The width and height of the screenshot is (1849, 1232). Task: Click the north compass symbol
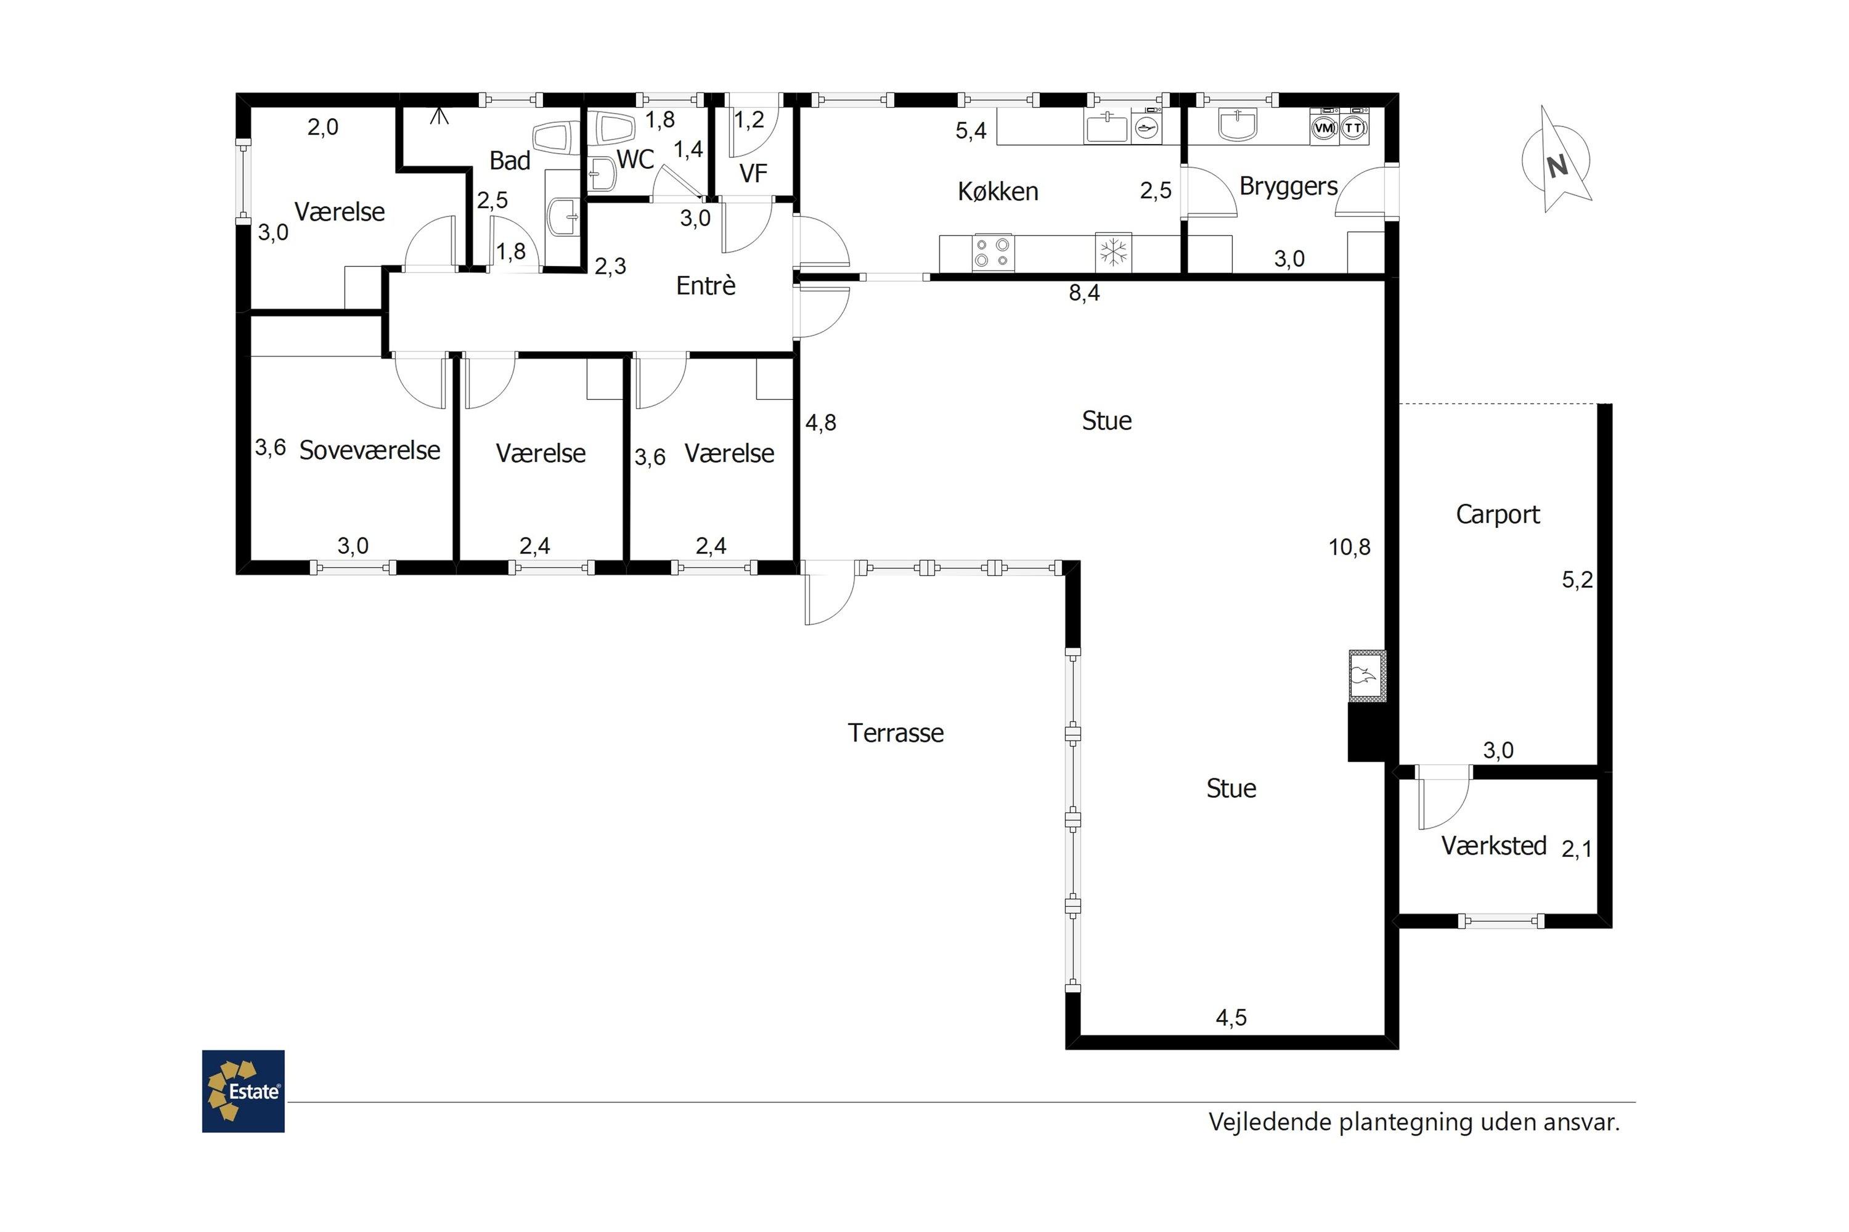[x=1557, y=161]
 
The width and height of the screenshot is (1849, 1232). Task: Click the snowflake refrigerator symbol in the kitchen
[x=1113, y=252]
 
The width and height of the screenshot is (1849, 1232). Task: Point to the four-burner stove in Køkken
[x=992, y=252]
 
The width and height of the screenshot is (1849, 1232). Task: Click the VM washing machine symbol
[x=1324, y=128]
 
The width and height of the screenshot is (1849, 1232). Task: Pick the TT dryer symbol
[x=1353, y=128]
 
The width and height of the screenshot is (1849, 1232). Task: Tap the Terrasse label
[x=896, y=732]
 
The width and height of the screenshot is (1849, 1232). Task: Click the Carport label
[x=1498, y=514]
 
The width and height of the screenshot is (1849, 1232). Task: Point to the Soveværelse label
[x=369, y=450]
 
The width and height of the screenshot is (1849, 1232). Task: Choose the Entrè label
[x=706, y=285]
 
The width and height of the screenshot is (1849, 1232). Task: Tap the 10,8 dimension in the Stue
[x=1349, y=548]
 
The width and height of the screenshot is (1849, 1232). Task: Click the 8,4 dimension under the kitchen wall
[x=1084, y=293]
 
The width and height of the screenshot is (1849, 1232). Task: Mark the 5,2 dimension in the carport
[x=1577, y=580]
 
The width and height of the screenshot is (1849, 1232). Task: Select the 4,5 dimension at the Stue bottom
[x=1231, y=1018]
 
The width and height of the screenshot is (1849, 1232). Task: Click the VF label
[x=753, y=174]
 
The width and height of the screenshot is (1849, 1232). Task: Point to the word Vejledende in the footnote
[x=1270, y=1122]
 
